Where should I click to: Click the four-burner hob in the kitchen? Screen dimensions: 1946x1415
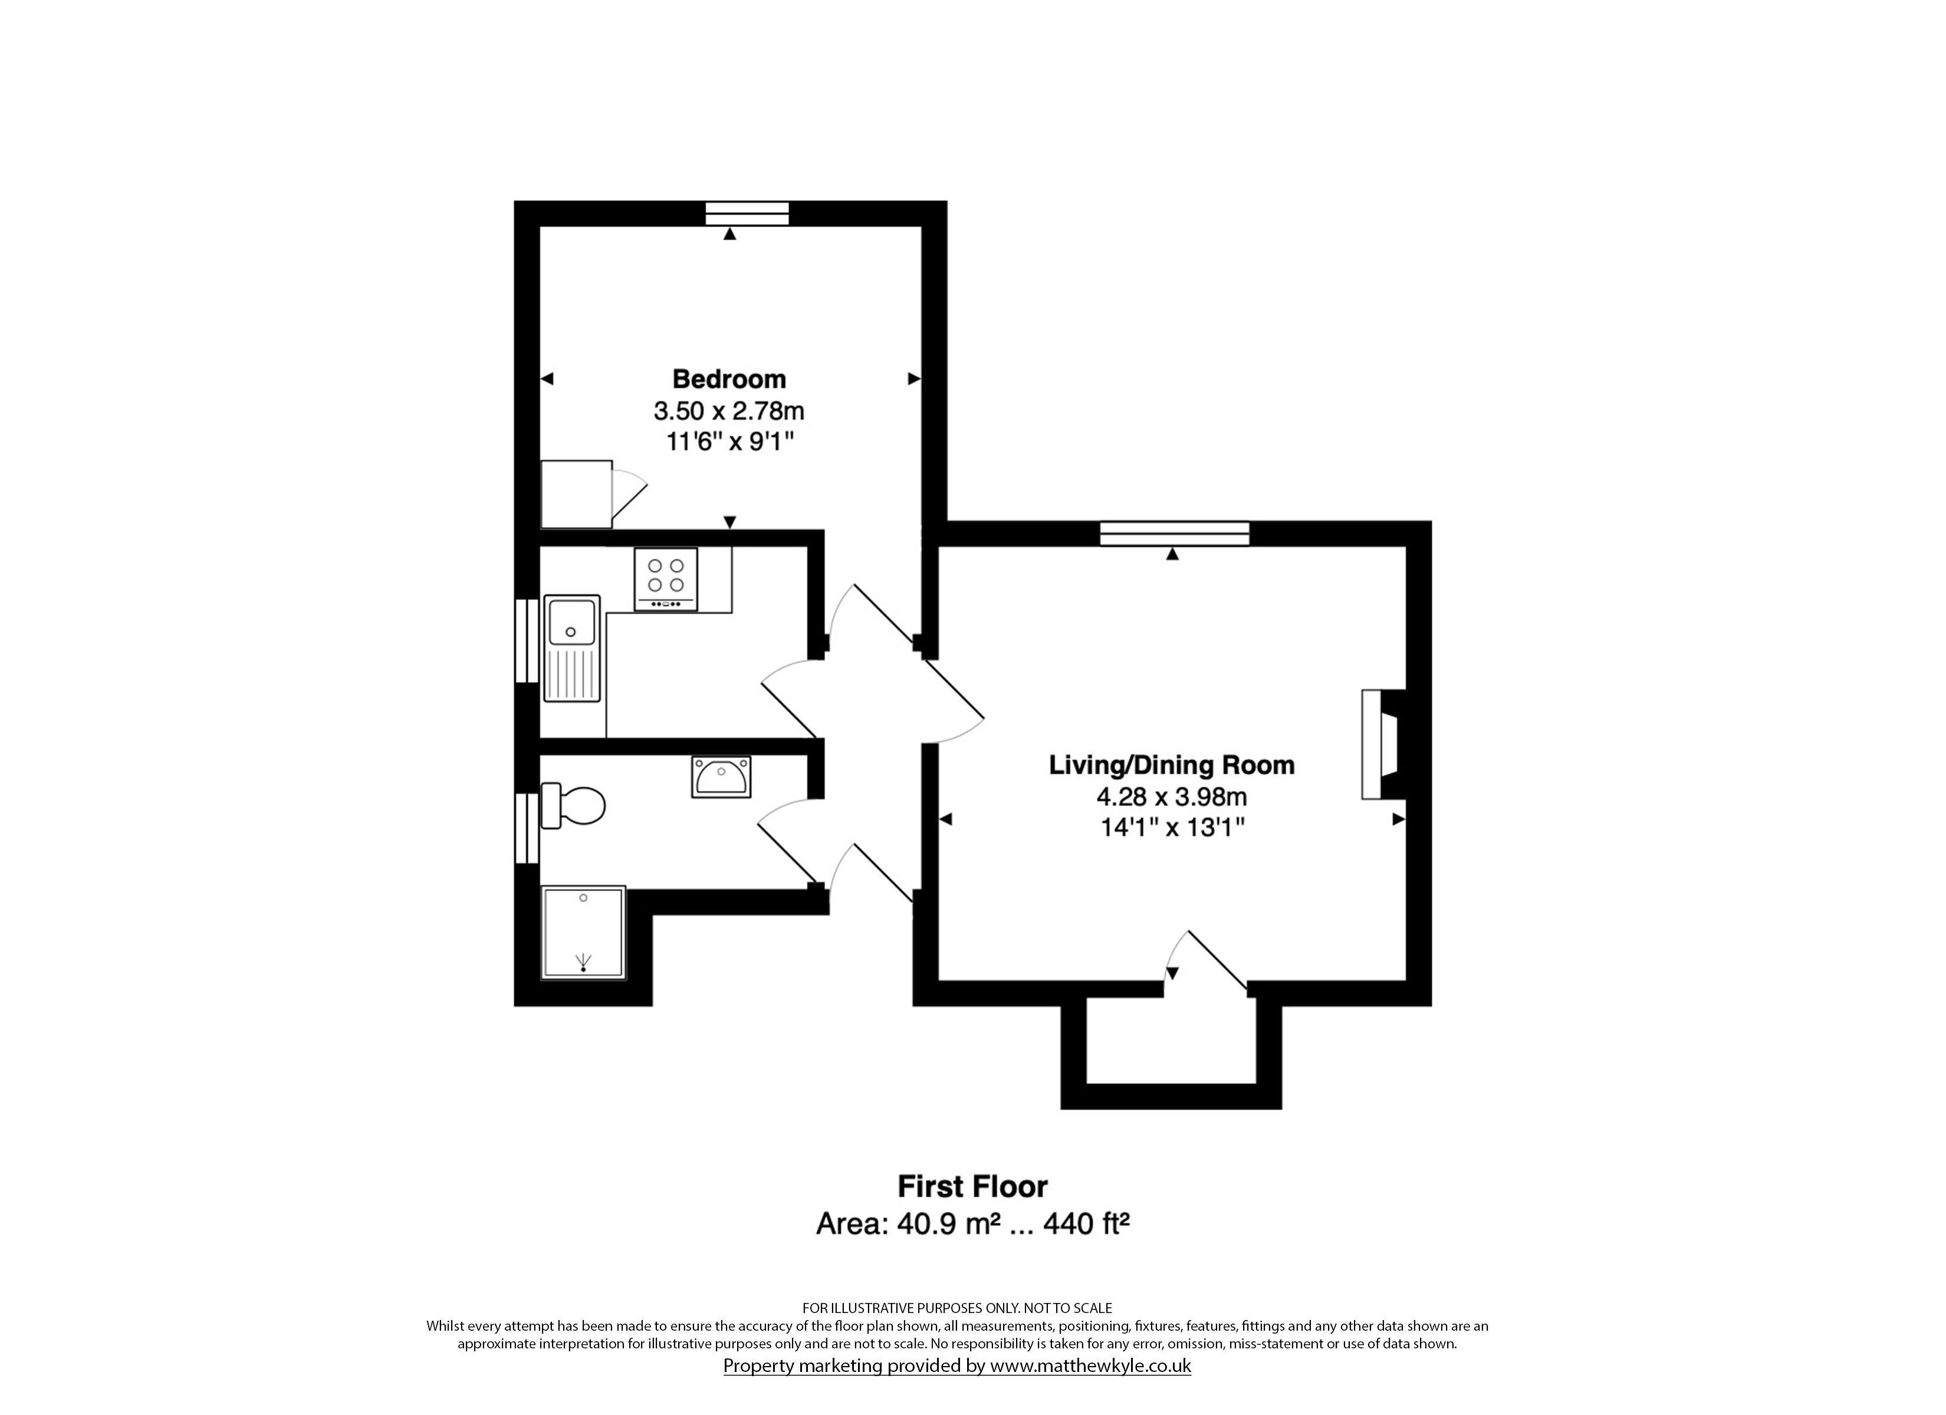coord(666,579)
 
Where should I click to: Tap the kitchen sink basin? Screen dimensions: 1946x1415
coord(571,620)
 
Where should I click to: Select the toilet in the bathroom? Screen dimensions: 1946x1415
coord(573,805)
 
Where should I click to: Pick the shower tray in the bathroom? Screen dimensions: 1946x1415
coord(583,933)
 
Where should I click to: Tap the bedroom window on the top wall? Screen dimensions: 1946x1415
coord(747,213)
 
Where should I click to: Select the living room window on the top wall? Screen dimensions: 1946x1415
coord(1175,534)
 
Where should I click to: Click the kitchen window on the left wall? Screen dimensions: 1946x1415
coord(526,640)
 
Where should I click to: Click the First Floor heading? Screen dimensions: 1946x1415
coord(972,1187)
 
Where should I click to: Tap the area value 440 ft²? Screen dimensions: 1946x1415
coord(1086,1223)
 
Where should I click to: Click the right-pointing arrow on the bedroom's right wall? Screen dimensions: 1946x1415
coord(915,379)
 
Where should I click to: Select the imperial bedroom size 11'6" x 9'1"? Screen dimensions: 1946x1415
coord(729,442)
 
